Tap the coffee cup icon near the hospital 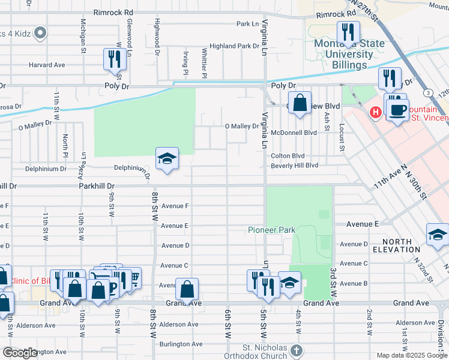click(x=397, y=109)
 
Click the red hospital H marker click(x=376, y=112)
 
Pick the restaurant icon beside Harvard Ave click(x=113, y=59)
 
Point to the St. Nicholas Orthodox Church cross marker click(x=295, y=350)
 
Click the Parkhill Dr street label click(x=96, y=186)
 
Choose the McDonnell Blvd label click(x=294, y=133)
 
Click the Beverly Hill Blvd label click(x=294, y=165)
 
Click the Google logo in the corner click(x=20, y=353)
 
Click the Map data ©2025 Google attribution click(x=411, y=355)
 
